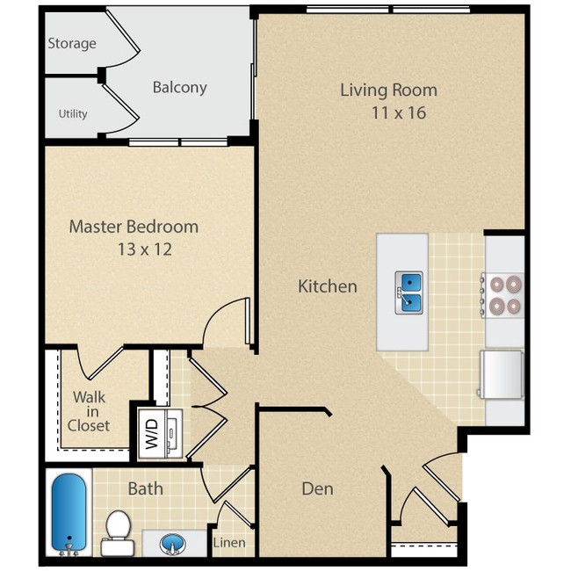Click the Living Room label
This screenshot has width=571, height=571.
(388, 90)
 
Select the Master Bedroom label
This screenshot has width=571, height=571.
(134, 227)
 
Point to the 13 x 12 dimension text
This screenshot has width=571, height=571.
(144, 249)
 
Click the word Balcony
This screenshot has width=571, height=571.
(179, 87)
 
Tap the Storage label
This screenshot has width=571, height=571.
(72, 43)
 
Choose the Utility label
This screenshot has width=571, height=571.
(73, 113)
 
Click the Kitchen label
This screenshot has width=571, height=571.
(327, 285)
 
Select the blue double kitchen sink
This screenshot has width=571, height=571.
(409, 293)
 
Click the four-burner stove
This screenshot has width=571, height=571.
(504, 295)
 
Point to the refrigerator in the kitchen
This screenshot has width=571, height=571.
(501, 373)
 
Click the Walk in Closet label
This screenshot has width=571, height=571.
(90, 411)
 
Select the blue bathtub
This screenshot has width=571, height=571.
(67, 514)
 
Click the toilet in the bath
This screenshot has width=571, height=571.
(116, 531)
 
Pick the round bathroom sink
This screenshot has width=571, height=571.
(174, 544)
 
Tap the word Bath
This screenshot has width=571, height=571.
(145, 488)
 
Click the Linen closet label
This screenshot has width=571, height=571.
(229, 542)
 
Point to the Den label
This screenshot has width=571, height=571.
(317, 488)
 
